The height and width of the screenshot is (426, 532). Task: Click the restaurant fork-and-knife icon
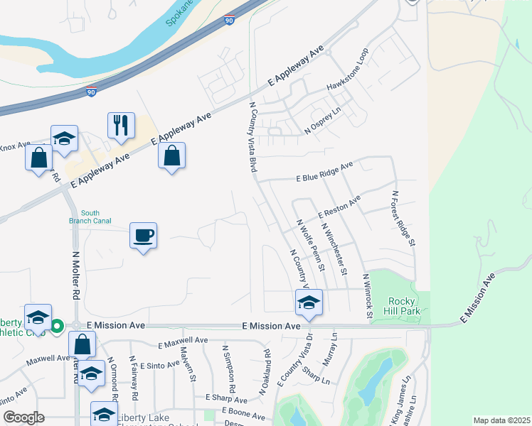[120, 126]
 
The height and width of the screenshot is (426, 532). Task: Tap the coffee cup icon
[143, 235]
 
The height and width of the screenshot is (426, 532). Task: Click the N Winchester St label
[334, 249]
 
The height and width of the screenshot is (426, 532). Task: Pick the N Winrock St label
[368, 296]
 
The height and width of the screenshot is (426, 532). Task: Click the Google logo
[23, 417]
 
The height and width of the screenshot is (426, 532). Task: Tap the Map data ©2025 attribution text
[501, 420]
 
